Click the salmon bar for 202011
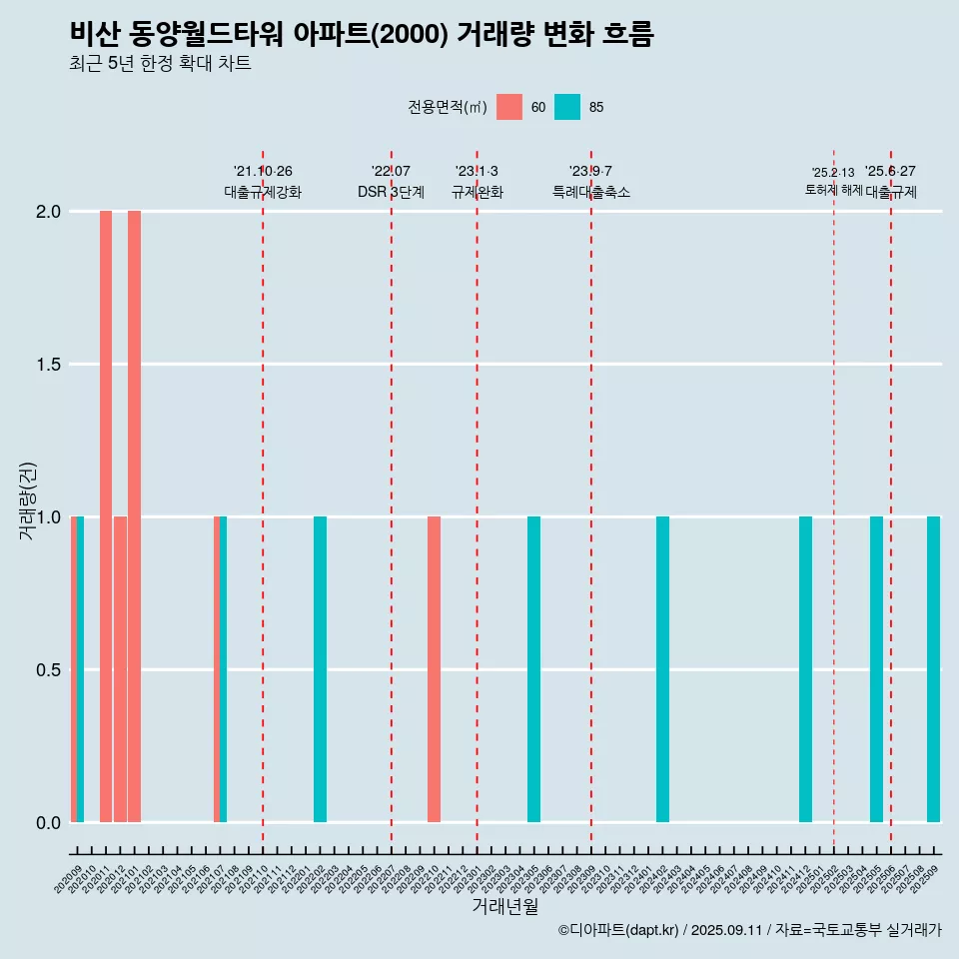[x=106, y=516]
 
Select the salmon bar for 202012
[x=120, y=669]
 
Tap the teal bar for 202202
[x=320, y=669]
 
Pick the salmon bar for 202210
[x=434, y=669]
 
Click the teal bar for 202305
[x=533, y=669]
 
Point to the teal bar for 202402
[x=662, y=669]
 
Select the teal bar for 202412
[x=805, y=669]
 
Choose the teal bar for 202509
[x=933, y=669]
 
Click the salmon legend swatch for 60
[x=509, y=107]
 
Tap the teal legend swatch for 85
[x=567, y=107]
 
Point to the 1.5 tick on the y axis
[x=47, y=365]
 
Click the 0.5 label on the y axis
[x=47, y=670]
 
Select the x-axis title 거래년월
[x=504, y=907]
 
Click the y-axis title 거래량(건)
[x=27, y=499]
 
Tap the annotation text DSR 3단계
[x=391, y=192]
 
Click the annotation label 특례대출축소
[x=591, y=192]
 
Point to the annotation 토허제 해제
[x=833, y=190]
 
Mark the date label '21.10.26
[x=263, y=172]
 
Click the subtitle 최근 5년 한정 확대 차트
[x=160, y=64]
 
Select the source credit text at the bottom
[x=749, y=930]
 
